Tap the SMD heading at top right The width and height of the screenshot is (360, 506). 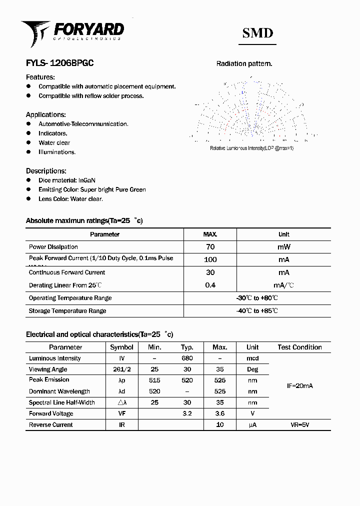[x=257, y=33]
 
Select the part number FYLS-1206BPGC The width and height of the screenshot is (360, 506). [x=59, y=63]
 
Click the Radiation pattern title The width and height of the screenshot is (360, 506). [x=244, y=63]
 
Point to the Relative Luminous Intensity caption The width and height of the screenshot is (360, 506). [x=251, y=148]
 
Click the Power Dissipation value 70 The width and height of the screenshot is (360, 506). [x=210, y=246]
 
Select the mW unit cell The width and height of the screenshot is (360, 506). [x=283, y=246]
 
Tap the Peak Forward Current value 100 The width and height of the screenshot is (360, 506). [x=210, y=259]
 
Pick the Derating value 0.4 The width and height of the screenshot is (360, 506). [x=210, y=285]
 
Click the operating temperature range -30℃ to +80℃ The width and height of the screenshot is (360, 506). [x=257, y=298]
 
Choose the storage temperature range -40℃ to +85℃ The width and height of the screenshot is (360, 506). [x=257, y=311]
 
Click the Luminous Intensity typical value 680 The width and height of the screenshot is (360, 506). [x=187, y=358]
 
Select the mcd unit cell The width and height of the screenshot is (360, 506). [x=252, y=358]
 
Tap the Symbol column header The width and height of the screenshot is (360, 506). [x=121, y=347]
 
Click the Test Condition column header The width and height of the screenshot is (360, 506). [x=299, y=347]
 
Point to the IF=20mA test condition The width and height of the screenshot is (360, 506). [x=299, y=386]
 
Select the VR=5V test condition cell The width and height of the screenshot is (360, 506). [x=299, y=425]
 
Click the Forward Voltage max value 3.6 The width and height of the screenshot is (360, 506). [x=219, y=413]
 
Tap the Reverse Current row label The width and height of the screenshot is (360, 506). [x=50, y=425]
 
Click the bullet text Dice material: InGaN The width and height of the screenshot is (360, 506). [x=67, y=180]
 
